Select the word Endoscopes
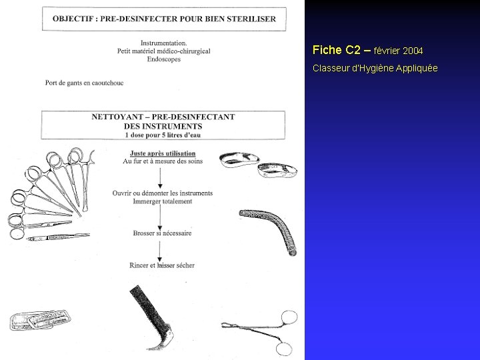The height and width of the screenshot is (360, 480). click(x=164, y=59)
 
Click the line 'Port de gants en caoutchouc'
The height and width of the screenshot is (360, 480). click(x=84, y=83)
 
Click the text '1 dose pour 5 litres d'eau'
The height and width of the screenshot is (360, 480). click(x=163, y=135)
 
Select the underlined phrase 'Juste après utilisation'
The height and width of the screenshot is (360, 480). click(x=163, y=153)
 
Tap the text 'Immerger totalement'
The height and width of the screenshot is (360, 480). click(x=163, y=201)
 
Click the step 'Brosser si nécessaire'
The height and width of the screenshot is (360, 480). click(x=162, y=233)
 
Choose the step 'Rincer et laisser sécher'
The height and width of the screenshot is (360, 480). click(x=162, y=265)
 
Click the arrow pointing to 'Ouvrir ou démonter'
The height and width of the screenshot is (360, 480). click(x=160, y=178)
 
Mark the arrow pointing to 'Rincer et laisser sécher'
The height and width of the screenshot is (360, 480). click(x=159, y=251)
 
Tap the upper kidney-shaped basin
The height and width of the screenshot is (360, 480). click(x=239, y=159)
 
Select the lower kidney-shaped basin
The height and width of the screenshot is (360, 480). click(x=277, y=170)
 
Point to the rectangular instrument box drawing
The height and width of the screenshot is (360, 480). click(x=40, y=320)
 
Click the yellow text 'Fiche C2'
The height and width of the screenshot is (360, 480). click(x=336, y=50)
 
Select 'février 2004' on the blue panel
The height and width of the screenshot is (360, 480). click(x=398, y=51)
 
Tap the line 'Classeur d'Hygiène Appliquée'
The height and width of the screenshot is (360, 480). click(x=375, y=68)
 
